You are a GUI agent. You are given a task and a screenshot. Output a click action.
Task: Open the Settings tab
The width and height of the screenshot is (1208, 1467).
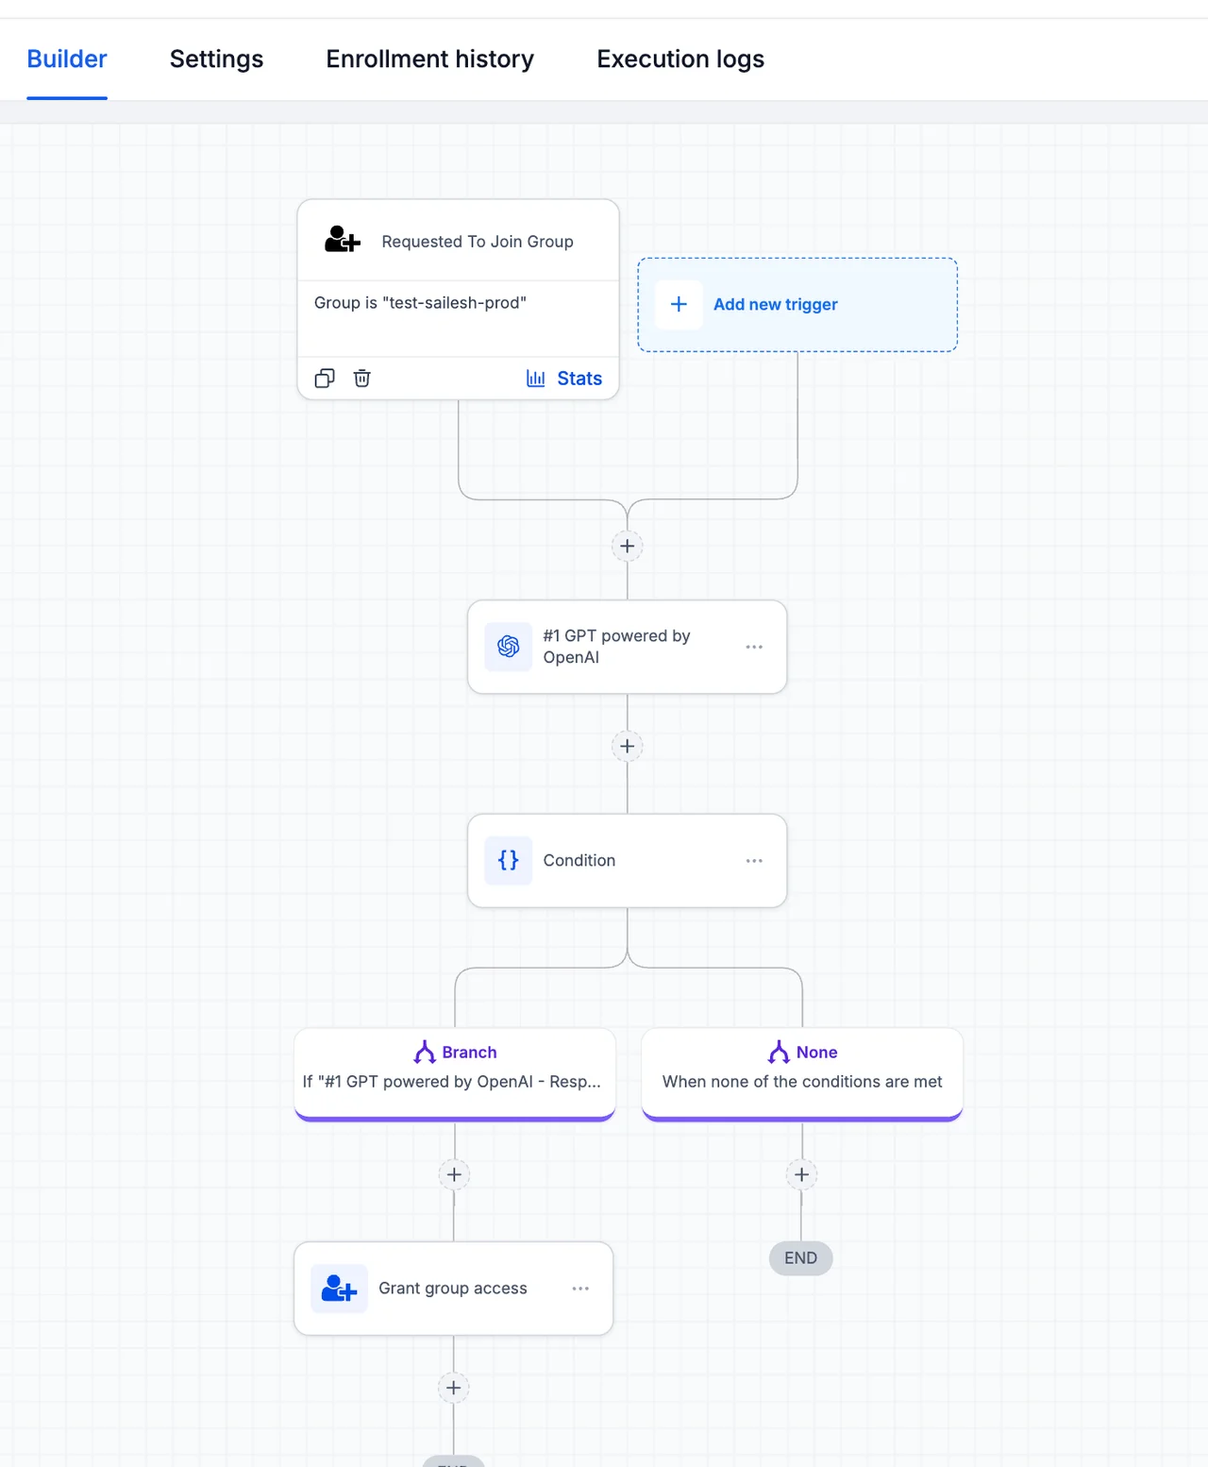coord(216,59)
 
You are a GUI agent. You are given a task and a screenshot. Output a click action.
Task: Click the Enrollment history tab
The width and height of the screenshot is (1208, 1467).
coord(429,59)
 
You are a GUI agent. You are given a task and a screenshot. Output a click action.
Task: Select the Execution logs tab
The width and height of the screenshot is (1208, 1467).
coord(680,59)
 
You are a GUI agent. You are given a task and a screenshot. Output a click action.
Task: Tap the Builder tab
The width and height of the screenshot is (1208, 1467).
coord(67,59)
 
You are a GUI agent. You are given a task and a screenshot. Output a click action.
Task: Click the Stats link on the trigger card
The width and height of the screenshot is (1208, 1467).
coord(564,379)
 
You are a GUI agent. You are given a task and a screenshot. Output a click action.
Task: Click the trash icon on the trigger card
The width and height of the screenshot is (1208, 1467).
coord(361,378)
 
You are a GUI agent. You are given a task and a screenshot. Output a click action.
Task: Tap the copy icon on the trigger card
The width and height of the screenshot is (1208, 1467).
coord(325,378)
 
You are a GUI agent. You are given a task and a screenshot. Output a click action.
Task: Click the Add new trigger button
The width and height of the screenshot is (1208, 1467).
coord(797,304)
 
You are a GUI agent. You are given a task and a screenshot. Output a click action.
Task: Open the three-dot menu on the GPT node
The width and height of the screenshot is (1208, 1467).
coord(754,647)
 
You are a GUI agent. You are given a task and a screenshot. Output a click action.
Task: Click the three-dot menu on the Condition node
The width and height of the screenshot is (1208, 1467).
coord(754,861)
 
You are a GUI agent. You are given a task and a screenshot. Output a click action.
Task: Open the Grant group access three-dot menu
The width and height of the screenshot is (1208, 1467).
coord(580,1289)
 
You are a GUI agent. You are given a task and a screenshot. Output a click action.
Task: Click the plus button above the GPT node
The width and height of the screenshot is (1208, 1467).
coord(628,547)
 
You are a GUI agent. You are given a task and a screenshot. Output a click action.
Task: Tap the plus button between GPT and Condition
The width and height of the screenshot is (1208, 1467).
coord(628,746)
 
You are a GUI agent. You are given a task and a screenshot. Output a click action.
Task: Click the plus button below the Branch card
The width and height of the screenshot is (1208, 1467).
coord(454,1174)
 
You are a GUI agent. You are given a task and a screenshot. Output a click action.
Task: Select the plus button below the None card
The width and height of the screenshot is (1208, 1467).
coord(801,1174)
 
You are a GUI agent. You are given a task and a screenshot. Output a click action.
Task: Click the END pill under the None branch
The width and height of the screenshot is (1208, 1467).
coord(800,1258)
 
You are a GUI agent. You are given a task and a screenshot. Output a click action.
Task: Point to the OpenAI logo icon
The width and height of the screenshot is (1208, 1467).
coord(509,647)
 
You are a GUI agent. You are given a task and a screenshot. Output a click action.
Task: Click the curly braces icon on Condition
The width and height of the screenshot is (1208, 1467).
coord(509,861)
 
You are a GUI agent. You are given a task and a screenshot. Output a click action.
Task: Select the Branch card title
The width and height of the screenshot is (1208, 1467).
coord(469,1053)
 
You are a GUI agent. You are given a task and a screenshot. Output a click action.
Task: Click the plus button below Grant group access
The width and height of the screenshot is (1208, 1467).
coord(454,1389)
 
